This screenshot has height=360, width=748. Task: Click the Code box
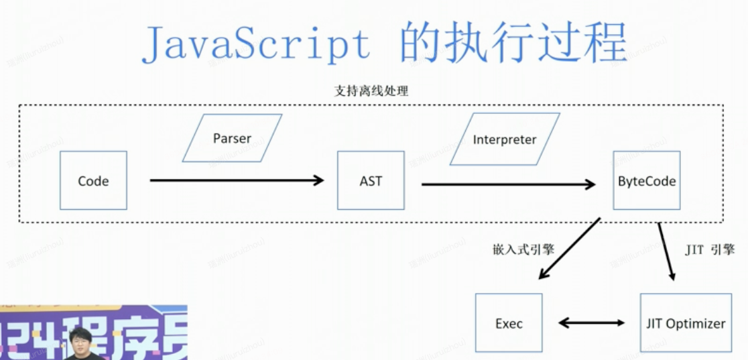click(93, 180)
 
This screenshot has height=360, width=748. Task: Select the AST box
click(371, 180)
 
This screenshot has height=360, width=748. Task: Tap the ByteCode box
click(646, 180)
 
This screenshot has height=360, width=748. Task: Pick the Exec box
click(509, 322)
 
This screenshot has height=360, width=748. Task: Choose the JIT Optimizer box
click(685, 322)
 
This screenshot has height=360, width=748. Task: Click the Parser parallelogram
click(232, 138)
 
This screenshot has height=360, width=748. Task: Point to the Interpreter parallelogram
click(505, 139)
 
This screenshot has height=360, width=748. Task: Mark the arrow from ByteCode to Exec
click(570, 248)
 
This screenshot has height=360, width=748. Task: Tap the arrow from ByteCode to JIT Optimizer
click(666, 251)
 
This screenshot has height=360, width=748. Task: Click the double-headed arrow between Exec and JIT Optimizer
click(592, 323)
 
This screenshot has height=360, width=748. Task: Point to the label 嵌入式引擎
click(523, 249)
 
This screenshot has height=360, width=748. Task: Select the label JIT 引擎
click(710, 249)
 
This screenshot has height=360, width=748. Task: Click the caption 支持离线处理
click(371, 91)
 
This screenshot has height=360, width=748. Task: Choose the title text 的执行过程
click(513, 42)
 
